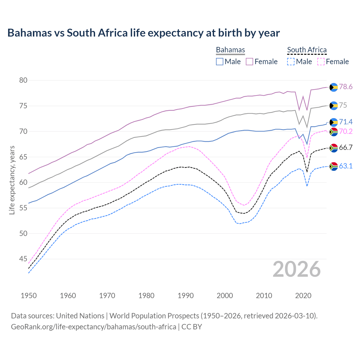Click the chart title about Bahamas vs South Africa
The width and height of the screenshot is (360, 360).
pos(143,33)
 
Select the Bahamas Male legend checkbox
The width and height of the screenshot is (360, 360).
pos(220,62)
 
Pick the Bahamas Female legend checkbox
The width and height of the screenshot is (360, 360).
pos(249,62)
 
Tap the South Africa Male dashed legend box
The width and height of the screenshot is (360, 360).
pos(291,62)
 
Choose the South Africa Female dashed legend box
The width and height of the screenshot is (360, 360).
pos(321,62)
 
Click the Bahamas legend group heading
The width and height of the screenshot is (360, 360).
pos(230,50)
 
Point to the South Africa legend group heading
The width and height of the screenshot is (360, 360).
pos(307,50)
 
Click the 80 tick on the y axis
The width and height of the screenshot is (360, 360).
pos(23,80)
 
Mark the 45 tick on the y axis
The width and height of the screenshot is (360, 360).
pos(23,259)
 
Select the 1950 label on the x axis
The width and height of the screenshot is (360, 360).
pos(29,296)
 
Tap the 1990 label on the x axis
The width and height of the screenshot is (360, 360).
pos(186,296)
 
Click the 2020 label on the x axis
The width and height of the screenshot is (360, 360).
pos(303,296)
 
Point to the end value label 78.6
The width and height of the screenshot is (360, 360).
pos(346,87)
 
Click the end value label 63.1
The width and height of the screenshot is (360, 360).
pos(346,166)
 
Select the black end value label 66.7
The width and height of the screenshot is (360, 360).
pos(346,148)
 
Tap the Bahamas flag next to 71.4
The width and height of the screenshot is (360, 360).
pos(334,122)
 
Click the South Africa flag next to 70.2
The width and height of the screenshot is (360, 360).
pos(334,132)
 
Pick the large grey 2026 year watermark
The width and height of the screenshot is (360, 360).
pos(297,269)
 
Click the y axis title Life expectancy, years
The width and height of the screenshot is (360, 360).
pos(12,180)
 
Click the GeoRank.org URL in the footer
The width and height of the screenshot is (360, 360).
pos(93,327)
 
